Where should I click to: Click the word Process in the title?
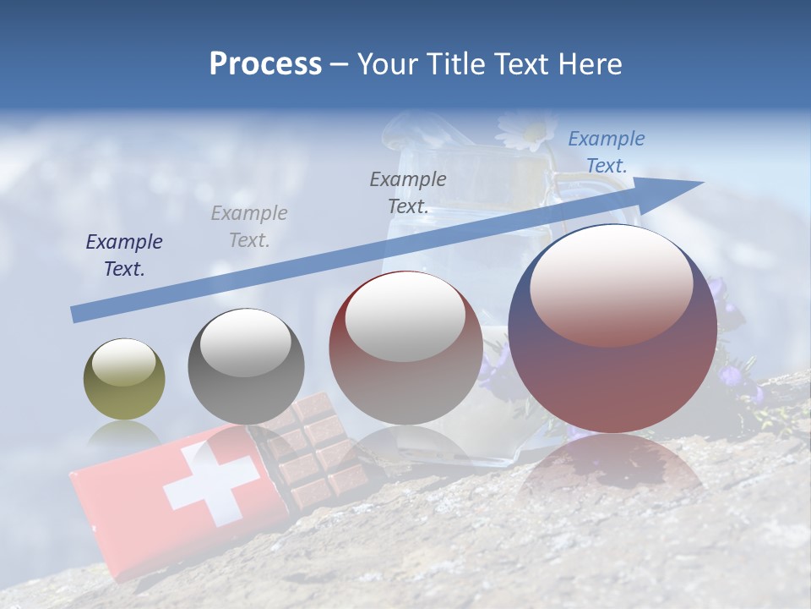pos(265,64)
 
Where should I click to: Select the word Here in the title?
pos(589,64)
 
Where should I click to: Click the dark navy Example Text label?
pos(124,255)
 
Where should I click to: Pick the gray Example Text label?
pos(249,227)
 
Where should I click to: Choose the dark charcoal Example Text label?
pos(408,192)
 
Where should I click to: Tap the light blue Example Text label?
pos(606,152)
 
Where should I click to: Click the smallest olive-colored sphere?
pos(124,380)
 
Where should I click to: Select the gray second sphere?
pos(245,366)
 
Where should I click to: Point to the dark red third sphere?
pos(405,348)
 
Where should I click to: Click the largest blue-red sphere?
pos(612,330)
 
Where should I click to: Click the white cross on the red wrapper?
pos(210,485)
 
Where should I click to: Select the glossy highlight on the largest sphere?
pos(611,284)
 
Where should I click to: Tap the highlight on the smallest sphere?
pos(124,365)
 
